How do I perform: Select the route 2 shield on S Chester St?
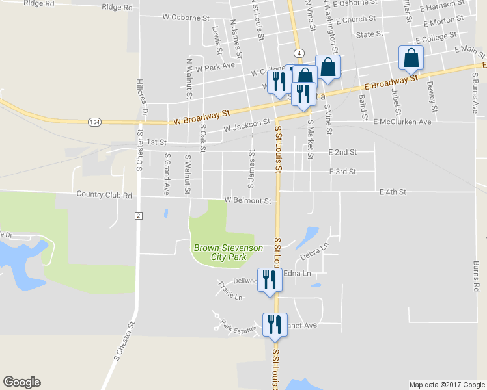139,215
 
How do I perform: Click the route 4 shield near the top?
298,53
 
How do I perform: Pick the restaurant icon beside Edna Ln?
269,279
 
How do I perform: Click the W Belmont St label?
247,201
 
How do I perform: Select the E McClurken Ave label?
402,122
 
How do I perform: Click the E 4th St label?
393,192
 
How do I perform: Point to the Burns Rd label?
477,276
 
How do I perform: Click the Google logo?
21,382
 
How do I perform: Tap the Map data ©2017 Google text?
447,385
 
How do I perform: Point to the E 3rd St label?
343,172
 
